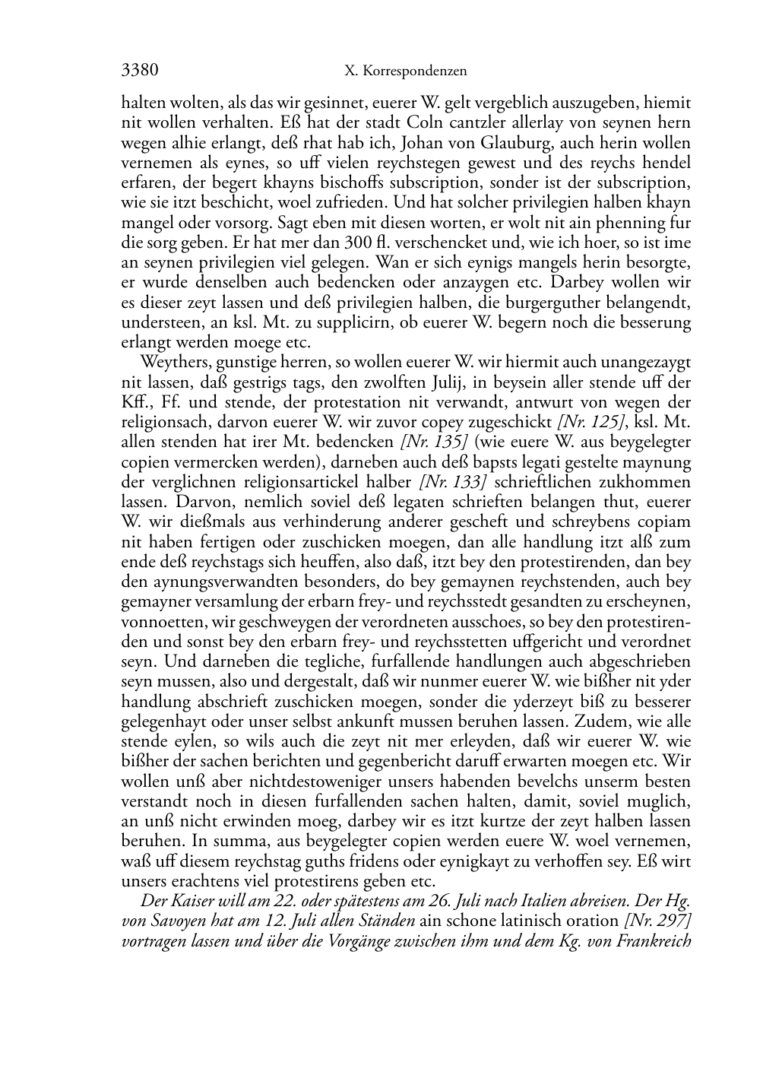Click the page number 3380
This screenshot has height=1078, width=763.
click(x=140, y=71)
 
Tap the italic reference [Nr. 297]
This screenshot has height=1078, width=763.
click(x=656, y=921)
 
